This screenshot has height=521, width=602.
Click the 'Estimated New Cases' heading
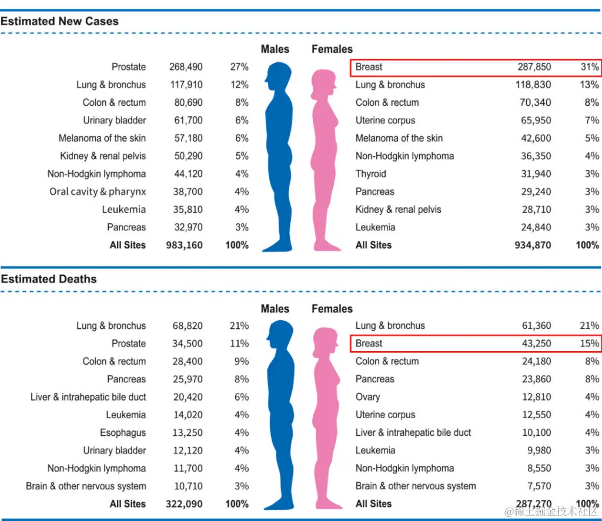tap(59, 21)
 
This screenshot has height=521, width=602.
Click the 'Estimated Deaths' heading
tap(49, 279)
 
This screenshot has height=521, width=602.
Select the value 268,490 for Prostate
tap(186, 67)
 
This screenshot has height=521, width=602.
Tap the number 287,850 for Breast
tap(534, 67)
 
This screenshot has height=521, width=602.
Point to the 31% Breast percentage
tap(589, 67)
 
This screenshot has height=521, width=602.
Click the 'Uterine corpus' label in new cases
tap(385, 120)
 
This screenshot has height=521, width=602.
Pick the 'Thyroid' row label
tap(371, 174)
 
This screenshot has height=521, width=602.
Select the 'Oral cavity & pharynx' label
tap(98, 191)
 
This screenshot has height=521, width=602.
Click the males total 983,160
tap(184, 245)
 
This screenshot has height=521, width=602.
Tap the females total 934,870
tap(533, 245)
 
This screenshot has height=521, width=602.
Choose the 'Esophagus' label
tap(123, 433)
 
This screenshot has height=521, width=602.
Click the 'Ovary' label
tap(367, 397)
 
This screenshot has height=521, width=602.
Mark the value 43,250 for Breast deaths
tap(536, 344)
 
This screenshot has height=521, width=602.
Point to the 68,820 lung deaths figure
tap(188, 325)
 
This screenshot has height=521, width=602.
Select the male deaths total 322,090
tap(184, 504)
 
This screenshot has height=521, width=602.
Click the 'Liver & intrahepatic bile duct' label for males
tap(88, 397)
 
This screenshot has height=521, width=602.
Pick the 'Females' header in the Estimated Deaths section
tap(332, 309)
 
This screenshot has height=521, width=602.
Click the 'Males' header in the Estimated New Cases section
tap(275, 49)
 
